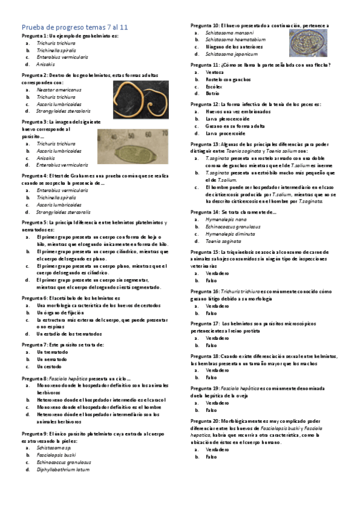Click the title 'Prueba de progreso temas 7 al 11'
[x=79, y=27]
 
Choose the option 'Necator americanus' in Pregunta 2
[x=59, y=90]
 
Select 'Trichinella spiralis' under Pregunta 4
[x=60, y=197]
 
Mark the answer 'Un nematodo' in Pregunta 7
[x=52, y=359]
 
